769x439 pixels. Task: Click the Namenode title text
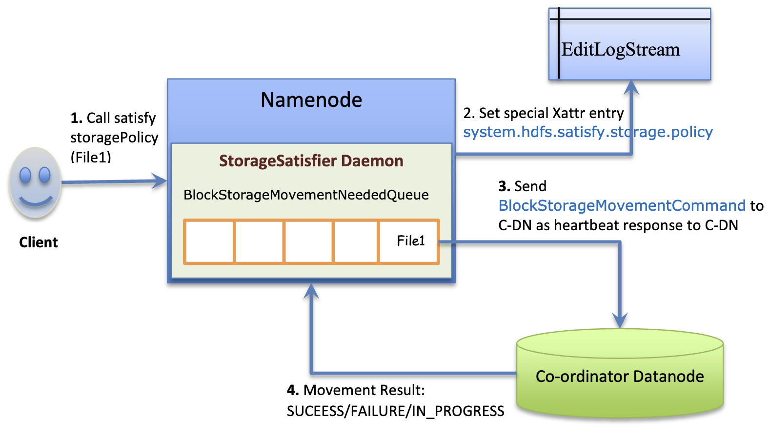(x=311, y=100)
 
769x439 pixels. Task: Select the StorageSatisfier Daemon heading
(x=311, y=161)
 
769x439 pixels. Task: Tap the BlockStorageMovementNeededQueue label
(x=306, y=195)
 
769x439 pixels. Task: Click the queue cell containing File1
(x=409, y=241)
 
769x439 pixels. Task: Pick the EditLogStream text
(x=621, y=50)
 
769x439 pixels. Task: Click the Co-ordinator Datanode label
(x=620, y=377)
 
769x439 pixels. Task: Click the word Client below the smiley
(x=39, y=242)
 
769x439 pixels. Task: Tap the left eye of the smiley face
(x=25, y=175)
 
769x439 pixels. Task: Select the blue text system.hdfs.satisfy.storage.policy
(x=588, y=132)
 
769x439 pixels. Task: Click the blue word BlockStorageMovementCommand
(x=622, y=206)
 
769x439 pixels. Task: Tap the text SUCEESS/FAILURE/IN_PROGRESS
(x=395, y=411)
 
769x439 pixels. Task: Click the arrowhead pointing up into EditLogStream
(x=631, y=87)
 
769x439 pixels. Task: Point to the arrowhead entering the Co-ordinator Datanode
(x=620, y=321)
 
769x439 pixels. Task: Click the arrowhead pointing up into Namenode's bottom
(x=311, y=291)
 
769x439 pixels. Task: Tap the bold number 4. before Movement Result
(x=293, y=390)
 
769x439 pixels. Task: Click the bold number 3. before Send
(x=504, y=186)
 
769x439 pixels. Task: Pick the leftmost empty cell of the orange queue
(x=210, y=241)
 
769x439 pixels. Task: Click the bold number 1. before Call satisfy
(x=76, y=118)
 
